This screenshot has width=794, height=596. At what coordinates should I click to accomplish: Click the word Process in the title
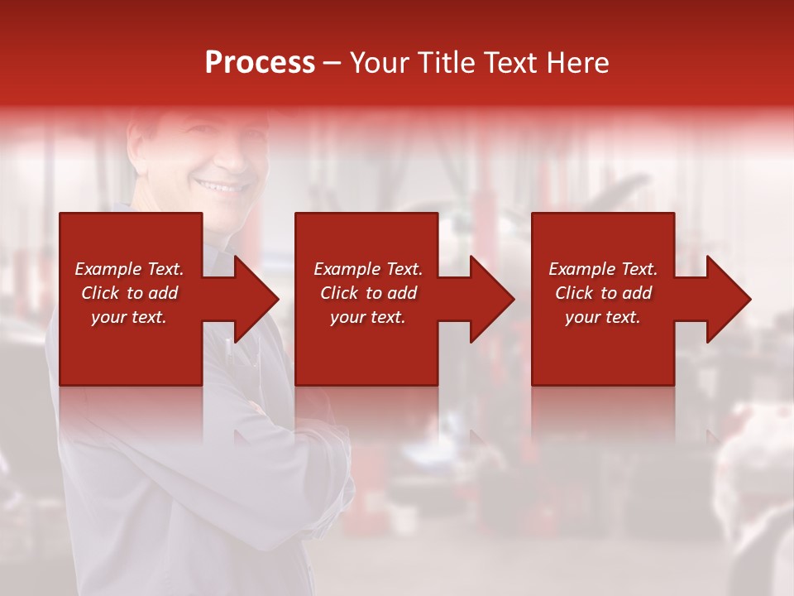point(260,63)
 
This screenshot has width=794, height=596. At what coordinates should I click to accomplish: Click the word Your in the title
point(379,63)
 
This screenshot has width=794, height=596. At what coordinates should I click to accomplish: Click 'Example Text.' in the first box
point(129,269)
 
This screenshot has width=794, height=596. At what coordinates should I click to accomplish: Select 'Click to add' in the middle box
point(368,293)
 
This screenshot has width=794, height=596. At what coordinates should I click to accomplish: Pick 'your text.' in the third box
point(603,317)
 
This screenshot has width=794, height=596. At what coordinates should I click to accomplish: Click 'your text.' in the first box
point(129,317)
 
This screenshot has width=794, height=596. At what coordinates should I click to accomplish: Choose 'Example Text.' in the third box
point(603,269)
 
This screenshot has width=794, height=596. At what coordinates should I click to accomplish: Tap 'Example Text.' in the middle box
point(368,269)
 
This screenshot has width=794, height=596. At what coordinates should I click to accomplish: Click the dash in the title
point(332,64)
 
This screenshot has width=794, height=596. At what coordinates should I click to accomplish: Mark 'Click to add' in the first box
point(129,293)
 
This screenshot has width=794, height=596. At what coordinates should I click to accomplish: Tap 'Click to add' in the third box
point(603,293)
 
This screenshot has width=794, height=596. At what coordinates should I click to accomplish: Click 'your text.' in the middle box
point(368,317)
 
